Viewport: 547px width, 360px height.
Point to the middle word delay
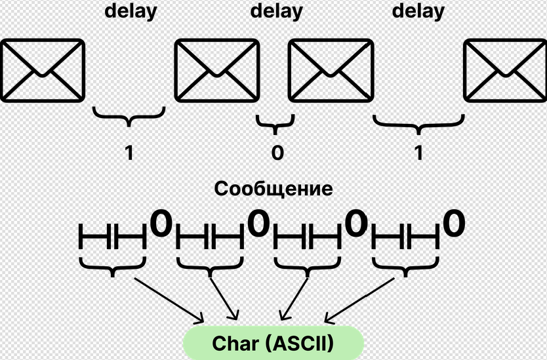[277, 11]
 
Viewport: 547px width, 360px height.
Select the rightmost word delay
[418, 11]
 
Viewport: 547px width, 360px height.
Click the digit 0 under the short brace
[277, 153]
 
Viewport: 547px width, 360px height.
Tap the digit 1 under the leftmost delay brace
[129, 153]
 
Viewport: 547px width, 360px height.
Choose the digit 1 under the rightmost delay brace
[418, 153]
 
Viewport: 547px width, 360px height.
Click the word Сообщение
[273, 190]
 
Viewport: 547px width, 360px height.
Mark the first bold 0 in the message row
[161, 224]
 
